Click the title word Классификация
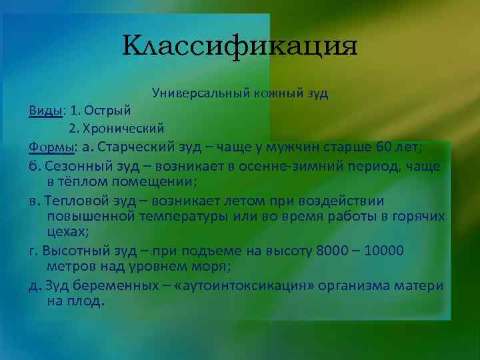point(240,47)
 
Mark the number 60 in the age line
point(399,146)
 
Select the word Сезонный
point(73,165)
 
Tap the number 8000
point(333,251)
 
